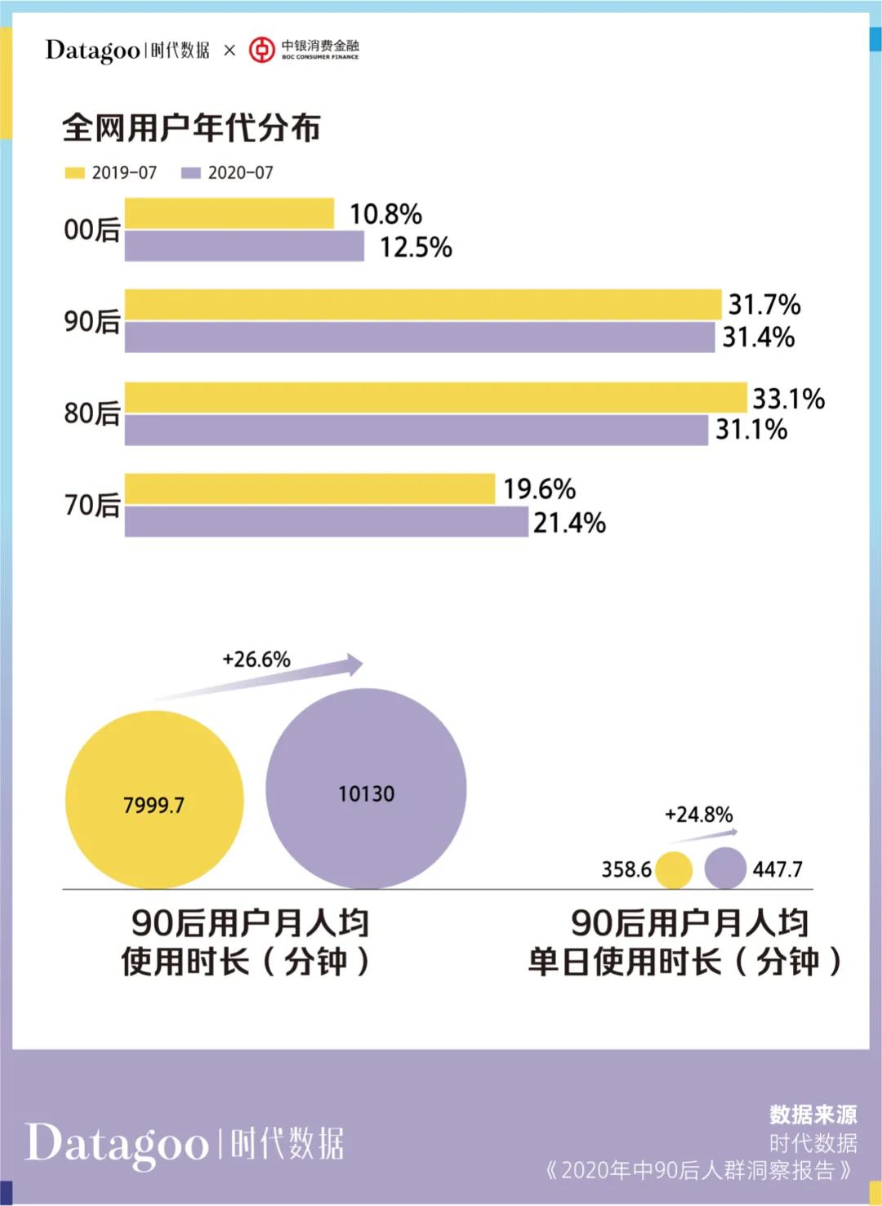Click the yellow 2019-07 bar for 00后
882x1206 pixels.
click(229, 213)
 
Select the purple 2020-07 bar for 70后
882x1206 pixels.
click(326, 522)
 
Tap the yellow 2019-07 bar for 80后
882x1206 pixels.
click(435, 398)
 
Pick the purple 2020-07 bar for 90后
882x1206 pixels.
click(419, 337)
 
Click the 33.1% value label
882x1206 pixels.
click(788, 399)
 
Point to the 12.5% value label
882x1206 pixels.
click(415, 247)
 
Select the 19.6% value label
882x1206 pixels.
click(539, 489)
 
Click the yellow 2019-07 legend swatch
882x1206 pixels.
click(74, 173)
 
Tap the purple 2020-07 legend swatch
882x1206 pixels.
click(190, 173)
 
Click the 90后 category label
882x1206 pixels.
click(92, 321)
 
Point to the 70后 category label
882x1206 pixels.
click(92, 505)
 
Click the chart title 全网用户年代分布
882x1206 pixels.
click(191, 127)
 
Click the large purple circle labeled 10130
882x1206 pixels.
click(366, 788)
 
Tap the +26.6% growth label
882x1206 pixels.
click(256, 659)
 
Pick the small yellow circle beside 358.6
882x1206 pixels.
click(674, 870)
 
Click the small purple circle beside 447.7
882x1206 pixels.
click(725, 868)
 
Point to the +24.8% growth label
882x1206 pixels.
click(698, 815)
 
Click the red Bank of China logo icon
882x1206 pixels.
click(261, 50)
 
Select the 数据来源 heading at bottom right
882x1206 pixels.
click(813, 1114)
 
